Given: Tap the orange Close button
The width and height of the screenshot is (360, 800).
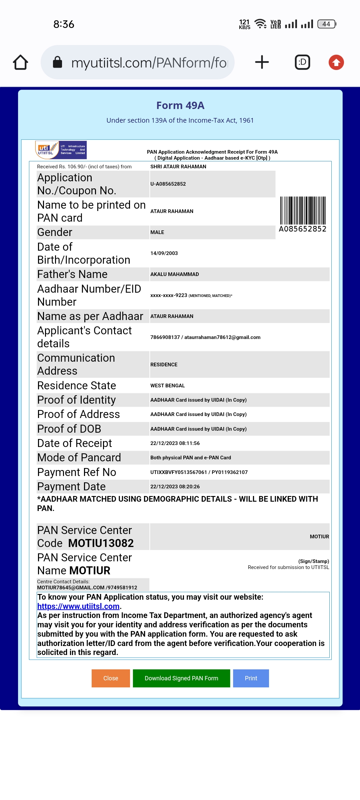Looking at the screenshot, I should tap(111, 678).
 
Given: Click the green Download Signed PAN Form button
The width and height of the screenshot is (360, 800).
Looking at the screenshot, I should tap(181, 678).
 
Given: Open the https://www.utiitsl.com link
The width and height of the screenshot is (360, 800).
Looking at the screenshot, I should tap(78, 606).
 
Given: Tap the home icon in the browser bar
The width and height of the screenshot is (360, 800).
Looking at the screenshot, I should tap(20, 62).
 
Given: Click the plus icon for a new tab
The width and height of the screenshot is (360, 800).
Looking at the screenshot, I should tap(262, 62).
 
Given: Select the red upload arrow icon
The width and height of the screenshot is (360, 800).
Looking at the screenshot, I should tap(336, 62).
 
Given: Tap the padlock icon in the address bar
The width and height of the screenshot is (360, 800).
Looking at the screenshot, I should tap(58, 62).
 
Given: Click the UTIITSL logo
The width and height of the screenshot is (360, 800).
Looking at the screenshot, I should tap(61, 150).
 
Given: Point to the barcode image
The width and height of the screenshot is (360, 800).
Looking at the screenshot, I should tap(303, 211).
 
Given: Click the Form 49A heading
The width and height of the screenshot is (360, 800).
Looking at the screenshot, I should tap(180, 106).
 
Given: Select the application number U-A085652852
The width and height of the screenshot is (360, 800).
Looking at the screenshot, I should tap(168, 184).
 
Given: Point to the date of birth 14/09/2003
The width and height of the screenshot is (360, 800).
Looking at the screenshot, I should tap(164, 253).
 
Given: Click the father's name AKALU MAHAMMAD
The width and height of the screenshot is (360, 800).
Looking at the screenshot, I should tap(175, 274).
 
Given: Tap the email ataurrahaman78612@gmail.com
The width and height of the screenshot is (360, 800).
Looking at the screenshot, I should tap(222, 337).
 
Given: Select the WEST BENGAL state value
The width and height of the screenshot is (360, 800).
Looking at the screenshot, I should tap(167, 386).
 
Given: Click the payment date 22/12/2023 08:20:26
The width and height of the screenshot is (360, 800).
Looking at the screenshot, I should tap(175, 487).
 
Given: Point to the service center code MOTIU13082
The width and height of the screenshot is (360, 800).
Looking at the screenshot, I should tap(101, 543).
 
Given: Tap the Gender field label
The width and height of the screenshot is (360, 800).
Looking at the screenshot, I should tap(55, 232).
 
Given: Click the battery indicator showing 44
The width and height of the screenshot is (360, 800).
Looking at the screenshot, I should tap(327, 24).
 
